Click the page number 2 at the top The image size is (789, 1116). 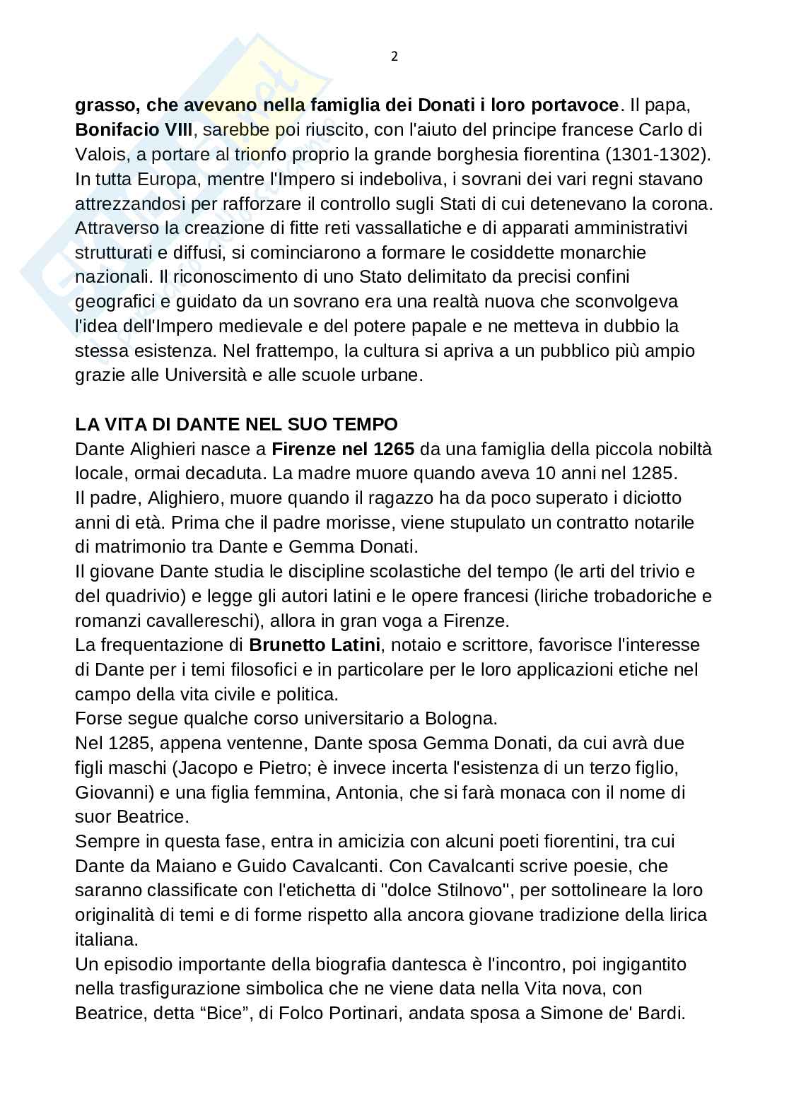[x=394, y=57]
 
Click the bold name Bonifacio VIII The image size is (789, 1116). [x=134, y=130]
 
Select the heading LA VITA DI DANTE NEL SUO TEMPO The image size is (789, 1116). [x=236, y=425]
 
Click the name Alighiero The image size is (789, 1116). [x=185, y=498]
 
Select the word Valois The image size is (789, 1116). [x=98, y=155]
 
